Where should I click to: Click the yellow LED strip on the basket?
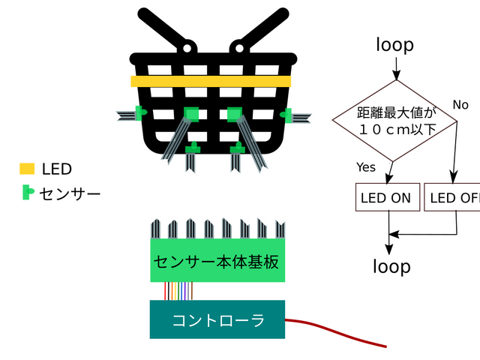211,81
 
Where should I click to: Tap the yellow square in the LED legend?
27,169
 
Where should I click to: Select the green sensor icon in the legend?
28,192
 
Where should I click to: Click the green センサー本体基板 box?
217,261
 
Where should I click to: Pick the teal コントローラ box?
217,320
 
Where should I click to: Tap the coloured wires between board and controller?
178,291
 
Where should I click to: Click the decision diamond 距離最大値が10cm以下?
395,121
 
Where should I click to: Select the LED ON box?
385,198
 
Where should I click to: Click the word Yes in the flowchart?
366,166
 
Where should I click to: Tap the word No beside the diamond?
460,104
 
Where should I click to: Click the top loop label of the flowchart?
394,45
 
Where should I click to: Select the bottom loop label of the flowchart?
391,266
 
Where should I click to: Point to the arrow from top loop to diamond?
395,69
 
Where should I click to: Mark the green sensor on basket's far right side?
286,114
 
